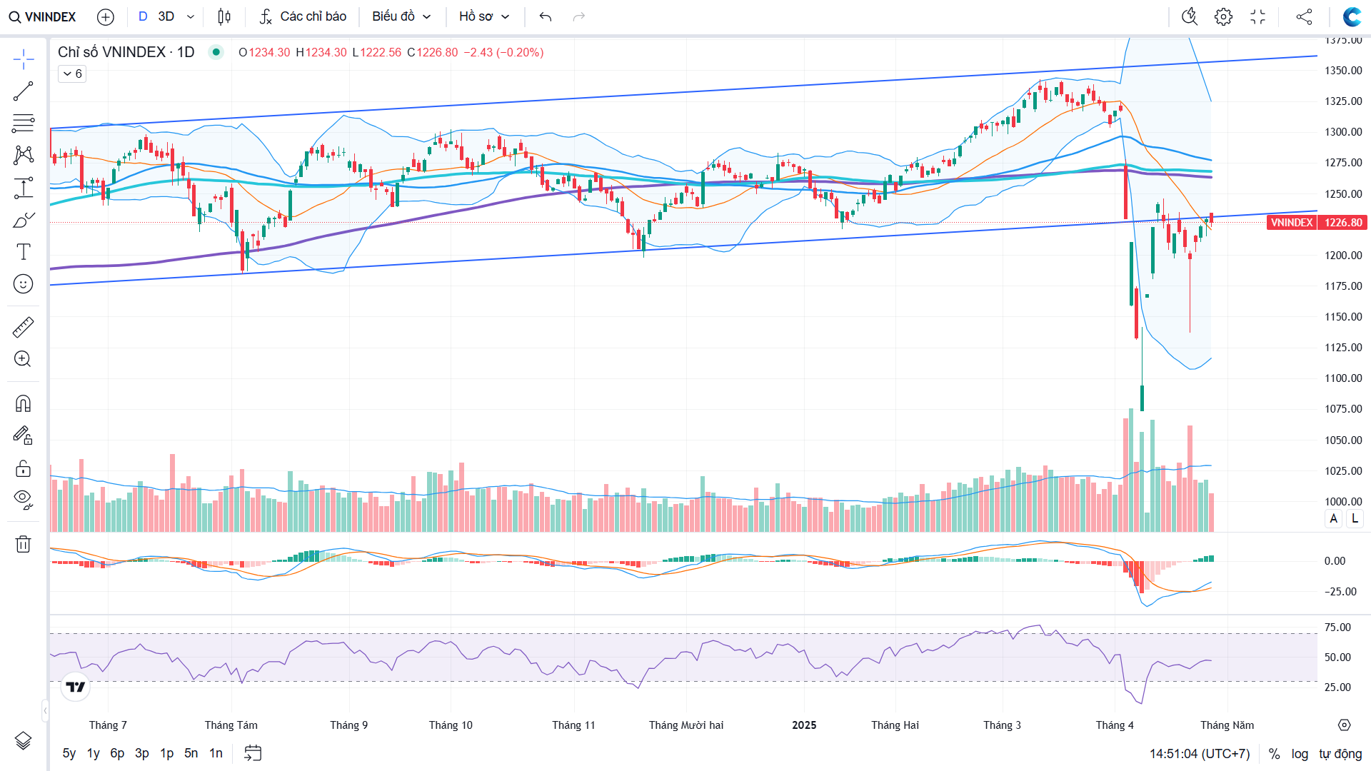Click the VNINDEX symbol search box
43,16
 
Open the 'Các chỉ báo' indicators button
303,16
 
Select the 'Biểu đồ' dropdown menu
401,16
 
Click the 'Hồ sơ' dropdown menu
484,16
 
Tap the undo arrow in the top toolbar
546,16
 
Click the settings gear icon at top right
1223,16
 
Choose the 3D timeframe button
166,16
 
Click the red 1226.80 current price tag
1342,223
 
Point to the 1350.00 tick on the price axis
1343,71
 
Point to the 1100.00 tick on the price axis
1343,378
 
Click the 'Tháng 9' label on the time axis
348,725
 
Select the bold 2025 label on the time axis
804,725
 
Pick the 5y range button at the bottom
69,753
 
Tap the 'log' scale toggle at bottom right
1300,754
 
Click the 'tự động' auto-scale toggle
1340,754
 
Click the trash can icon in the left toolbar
23,545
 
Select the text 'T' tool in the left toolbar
23,252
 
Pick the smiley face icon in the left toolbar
23,284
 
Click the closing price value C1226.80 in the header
433,52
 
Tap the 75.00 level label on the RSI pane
1337,628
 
